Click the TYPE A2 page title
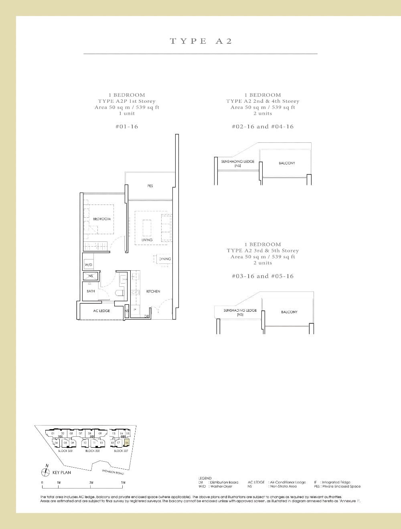click(x=200, y=41)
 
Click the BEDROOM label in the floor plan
click(x=101, y=219)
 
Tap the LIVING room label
click(x=147, y=240)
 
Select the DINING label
click(x=165, y=259)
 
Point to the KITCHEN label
click(x=153, y=292)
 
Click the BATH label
click(x=91, y=291)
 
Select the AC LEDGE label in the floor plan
click(x=101, y=311)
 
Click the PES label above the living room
click(x=150, y=186)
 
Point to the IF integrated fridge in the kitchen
click(x=135, y=310)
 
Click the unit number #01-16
click(x=126, y=127)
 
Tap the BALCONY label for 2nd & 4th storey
click(x=287, y=163)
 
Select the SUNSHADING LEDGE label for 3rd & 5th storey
click(x=240, y=312)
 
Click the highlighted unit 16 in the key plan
click(x=127, y=443)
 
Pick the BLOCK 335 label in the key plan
click(x=92, y=451)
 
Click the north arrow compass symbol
click(x=47, y=472)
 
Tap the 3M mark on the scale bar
click(x=91, y=482)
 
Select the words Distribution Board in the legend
click(x=228, y=482)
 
